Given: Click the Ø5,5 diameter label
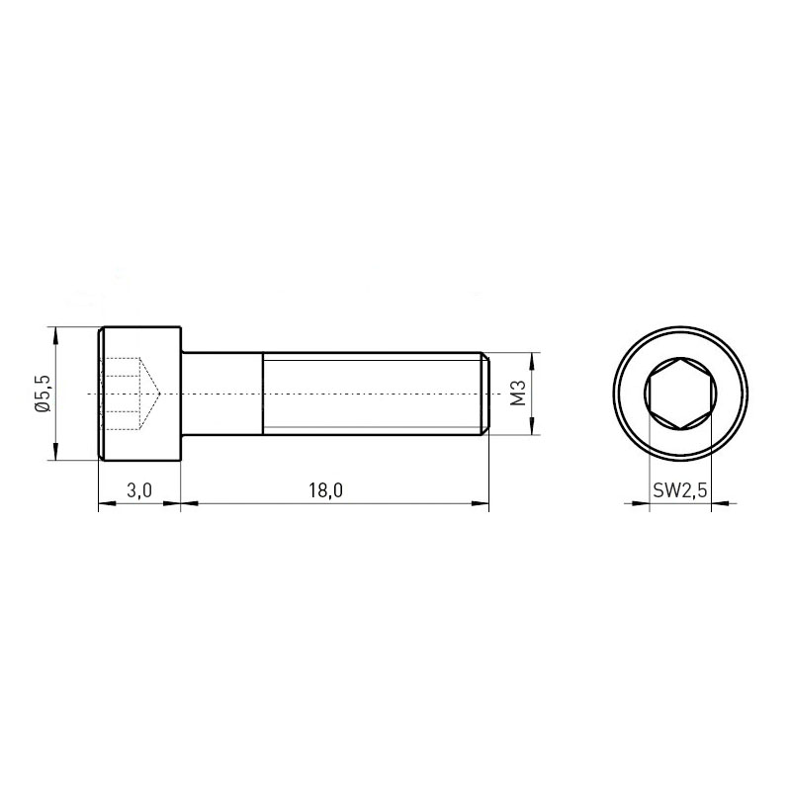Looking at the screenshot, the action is click(44, 394).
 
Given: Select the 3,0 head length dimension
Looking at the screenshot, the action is click(139, 490).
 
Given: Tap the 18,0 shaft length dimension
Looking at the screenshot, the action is click(326, 490).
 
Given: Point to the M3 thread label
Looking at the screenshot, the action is click(518, 394).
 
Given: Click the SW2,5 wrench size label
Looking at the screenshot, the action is click(680, 490).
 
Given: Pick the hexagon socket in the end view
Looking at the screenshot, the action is click(680, 394).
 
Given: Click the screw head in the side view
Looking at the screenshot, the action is click(139, 394).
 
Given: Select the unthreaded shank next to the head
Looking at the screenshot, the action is click(222, 394).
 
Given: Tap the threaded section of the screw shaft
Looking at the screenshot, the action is click(372, 394).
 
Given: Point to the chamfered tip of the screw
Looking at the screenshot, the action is click(484, 394).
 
